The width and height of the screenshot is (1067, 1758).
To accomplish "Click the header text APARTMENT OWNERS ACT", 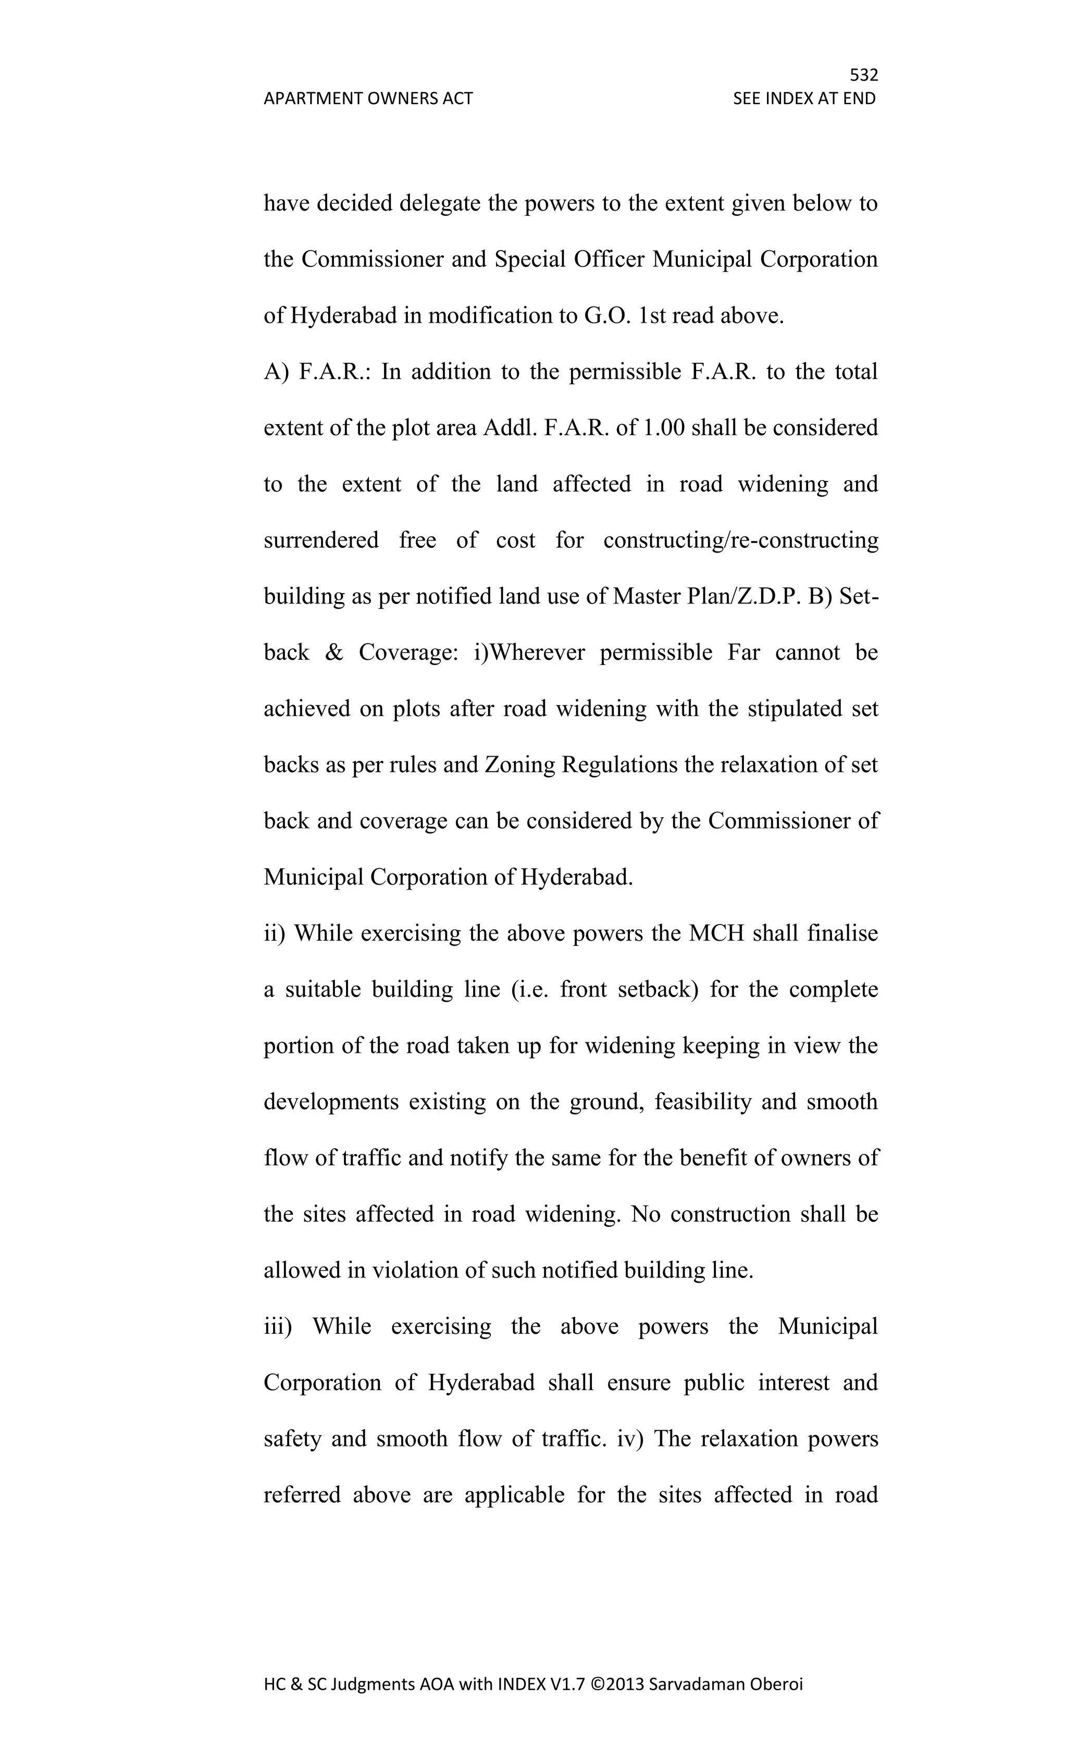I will click(x=368, y=99).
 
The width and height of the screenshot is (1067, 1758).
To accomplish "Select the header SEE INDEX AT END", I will click(x=804, y=99).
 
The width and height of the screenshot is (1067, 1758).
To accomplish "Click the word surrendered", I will click(x=321, y=540).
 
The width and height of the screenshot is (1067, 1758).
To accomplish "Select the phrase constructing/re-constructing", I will click(x=740, y=540).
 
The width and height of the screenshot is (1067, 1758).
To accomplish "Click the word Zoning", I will click(x=520, y=765).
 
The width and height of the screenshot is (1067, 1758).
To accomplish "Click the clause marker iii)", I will click(x=278, y=1326).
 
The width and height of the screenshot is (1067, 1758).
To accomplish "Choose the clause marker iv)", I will click(x=630, y=1439).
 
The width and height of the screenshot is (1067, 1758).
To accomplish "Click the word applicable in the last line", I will click(x=514, y=1495).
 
